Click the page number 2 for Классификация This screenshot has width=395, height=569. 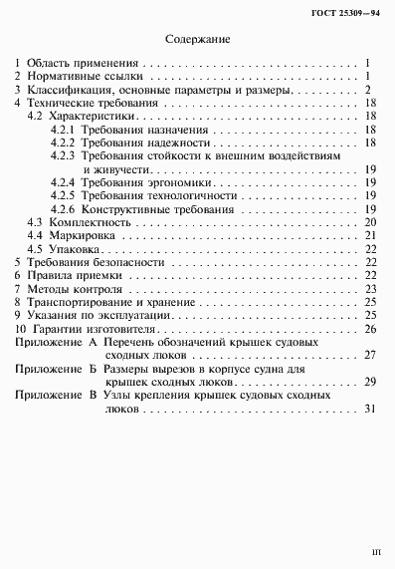368,89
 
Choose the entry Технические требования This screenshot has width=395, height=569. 92,103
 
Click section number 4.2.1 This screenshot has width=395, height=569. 63,131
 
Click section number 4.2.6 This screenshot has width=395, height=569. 63,209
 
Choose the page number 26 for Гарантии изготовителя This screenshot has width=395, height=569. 368,328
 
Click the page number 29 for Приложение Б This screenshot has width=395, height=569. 368,382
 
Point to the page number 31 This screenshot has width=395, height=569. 368,409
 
